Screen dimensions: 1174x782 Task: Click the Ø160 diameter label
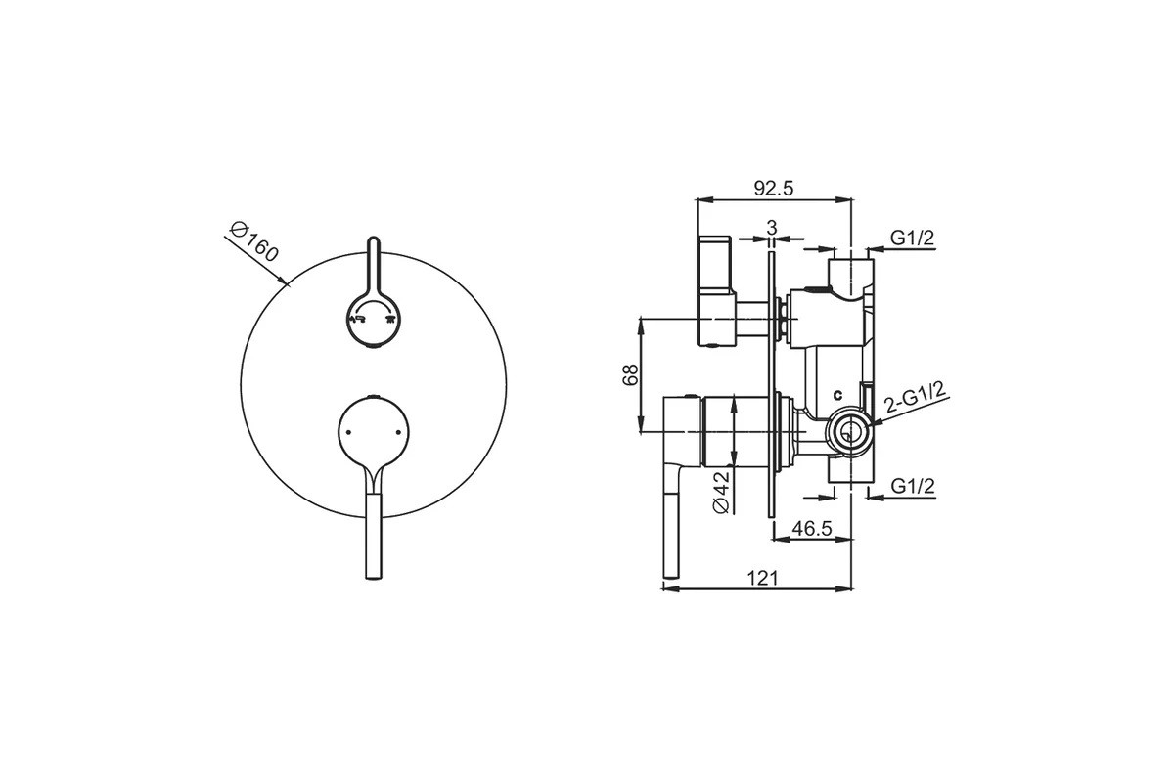point(254,242)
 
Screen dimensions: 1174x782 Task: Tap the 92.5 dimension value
point(774,189)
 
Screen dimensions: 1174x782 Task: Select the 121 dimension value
point(762,579)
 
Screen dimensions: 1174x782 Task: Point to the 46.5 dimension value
point(812,529)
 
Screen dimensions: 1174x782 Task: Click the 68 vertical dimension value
point(630,374)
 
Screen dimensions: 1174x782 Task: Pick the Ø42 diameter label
point(721,492)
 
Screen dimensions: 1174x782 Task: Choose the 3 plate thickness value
point(772,228)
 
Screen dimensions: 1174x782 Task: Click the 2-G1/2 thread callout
point(914,397)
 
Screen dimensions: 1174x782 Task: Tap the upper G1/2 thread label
point(913,239)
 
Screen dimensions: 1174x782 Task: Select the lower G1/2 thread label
point(913,486)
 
